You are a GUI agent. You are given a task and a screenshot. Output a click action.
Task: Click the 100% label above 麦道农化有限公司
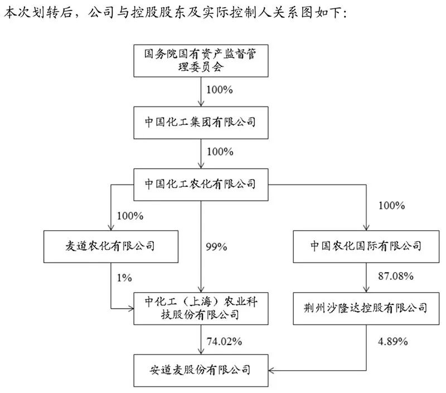[129, 215]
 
